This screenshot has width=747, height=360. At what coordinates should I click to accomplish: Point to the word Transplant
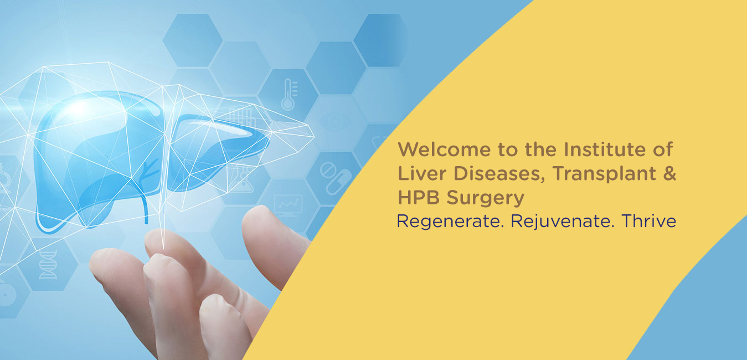605,174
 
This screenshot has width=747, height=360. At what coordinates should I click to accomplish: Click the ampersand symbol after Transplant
669,173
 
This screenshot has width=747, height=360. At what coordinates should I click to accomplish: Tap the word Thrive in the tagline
649,221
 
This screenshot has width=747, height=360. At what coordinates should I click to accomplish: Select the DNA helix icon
49,265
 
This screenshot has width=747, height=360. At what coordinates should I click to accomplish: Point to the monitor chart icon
288,205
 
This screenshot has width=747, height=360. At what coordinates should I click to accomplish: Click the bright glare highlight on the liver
79,107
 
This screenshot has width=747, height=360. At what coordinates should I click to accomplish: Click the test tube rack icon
241,117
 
